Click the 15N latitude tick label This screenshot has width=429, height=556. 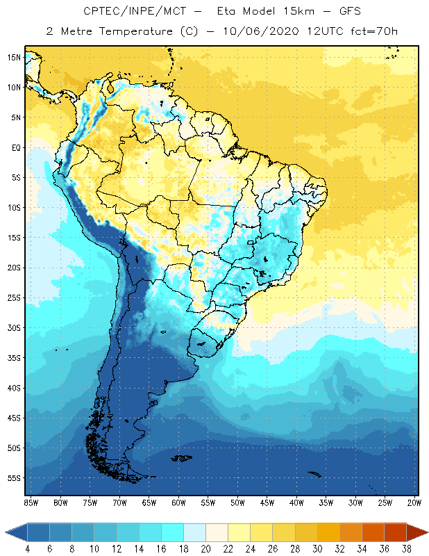pos(14,57)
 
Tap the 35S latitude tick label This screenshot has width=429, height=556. pos(14,358)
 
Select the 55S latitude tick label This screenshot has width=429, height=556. pos(14,478)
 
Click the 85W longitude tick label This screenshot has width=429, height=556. pos(31,502)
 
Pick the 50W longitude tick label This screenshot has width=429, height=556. pos(238,502)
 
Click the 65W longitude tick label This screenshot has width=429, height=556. pos(149,502)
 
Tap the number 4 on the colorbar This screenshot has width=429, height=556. pos(27,548)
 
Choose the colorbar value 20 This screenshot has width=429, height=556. pos(205,548)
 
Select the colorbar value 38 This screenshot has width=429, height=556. pos(405,548)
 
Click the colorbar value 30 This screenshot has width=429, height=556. pos(316,548)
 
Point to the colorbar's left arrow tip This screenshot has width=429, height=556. pos(6,532)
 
